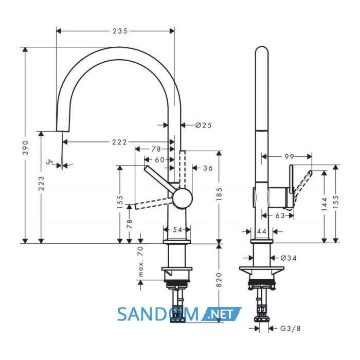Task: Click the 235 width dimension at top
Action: coord(120,31)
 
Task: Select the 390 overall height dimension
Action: coord(26,148)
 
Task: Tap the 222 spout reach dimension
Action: coord(119,142)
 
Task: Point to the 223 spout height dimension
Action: coord(41,183)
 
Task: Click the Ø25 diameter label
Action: coord(204,125)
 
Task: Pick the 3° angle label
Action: coord(49,162)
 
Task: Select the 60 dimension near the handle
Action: coord(160,159)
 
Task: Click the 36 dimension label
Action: coord(208,168)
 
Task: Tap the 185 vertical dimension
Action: coord(219,194)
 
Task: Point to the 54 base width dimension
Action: coord(177,229)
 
